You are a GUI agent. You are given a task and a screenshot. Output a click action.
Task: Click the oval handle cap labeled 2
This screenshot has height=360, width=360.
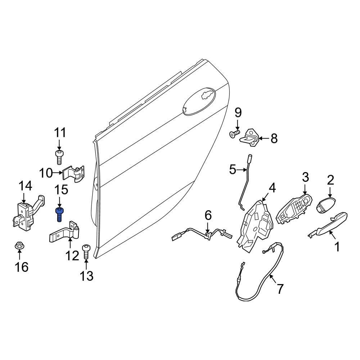click(327, 206)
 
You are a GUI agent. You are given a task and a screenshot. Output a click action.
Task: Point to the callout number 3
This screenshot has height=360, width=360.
click(305, 177)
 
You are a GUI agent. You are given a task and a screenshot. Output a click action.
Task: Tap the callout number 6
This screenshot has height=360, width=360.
click(208, 216)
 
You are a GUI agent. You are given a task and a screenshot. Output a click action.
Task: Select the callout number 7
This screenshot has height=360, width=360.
click(280, 288)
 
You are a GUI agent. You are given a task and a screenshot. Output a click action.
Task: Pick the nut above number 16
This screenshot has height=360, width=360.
click(19, 247)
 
